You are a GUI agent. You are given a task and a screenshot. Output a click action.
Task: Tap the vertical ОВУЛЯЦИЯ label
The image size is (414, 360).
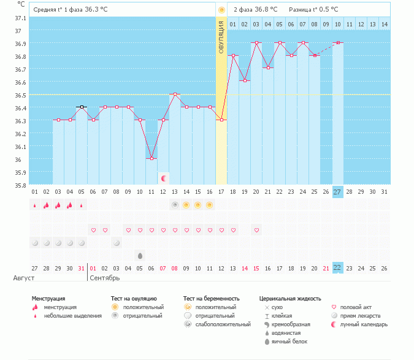[221, 37]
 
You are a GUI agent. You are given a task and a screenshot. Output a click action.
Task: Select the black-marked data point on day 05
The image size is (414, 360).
[82, 107]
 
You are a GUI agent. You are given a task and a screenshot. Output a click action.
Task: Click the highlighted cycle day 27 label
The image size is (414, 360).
[338, 192]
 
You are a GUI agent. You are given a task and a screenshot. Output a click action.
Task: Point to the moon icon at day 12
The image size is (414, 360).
[164, 178]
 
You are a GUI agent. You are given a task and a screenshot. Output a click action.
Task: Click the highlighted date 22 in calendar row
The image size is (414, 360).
[338, 268]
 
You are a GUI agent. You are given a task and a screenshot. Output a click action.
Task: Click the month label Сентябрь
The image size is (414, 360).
[105, 278]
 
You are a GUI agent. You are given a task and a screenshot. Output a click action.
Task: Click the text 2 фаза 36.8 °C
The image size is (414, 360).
[255, 10]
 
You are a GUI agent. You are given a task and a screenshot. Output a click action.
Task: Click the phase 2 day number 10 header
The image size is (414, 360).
[338, 24]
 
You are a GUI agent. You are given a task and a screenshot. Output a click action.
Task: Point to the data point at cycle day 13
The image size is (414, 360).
[175, 94]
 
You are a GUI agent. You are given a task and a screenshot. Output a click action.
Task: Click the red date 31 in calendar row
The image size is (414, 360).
[82, 268]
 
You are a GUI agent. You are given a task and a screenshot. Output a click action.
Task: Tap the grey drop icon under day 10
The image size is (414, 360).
[140, 255]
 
